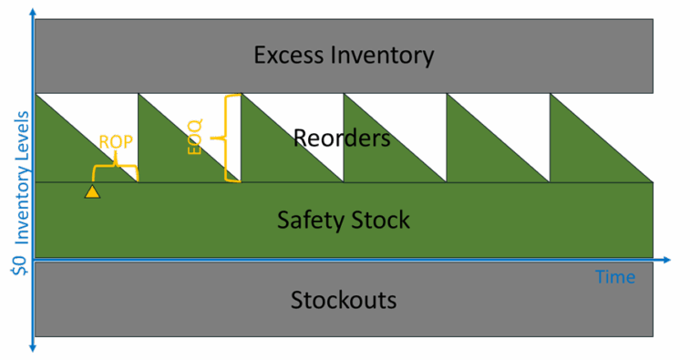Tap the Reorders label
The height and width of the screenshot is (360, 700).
click(342, 139)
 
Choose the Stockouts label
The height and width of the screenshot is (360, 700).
click(344, 299)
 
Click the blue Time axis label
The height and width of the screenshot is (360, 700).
click(615, 276)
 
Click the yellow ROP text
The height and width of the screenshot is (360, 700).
click(116, 143)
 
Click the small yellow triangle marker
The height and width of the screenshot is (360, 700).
click(92, 191)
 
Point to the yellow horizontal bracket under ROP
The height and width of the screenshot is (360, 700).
click(115, 169)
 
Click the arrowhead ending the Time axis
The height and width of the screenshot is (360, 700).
click(667, 261)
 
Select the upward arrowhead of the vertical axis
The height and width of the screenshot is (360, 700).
click(34, 12)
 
